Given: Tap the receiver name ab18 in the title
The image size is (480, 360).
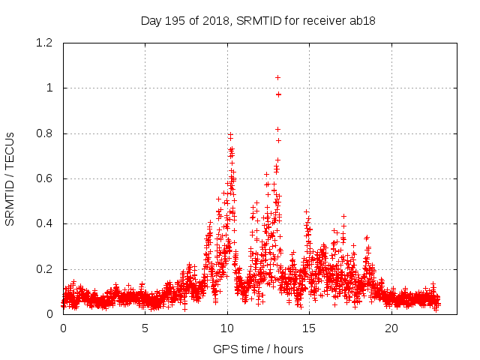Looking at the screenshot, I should [x=361, y=21].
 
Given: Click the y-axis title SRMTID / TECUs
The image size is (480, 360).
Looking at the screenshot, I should [x=10, y=178].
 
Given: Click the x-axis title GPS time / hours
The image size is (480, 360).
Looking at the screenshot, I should [x=258, y=349].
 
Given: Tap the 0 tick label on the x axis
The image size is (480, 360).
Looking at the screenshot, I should [x=63, y=329].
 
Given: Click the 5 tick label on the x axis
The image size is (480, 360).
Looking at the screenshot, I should [x=145, y=329].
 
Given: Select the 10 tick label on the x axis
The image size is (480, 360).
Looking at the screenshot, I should [x=227, y=329].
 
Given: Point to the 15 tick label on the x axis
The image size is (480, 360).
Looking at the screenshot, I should [x=310, y=329].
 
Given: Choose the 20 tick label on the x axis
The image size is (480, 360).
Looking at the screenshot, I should [x=391, y=329].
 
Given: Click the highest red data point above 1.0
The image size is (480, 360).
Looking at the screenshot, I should [x=277, y=77].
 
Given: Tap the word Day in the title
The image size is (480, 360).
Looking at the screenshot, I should [x=151, y=21].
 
